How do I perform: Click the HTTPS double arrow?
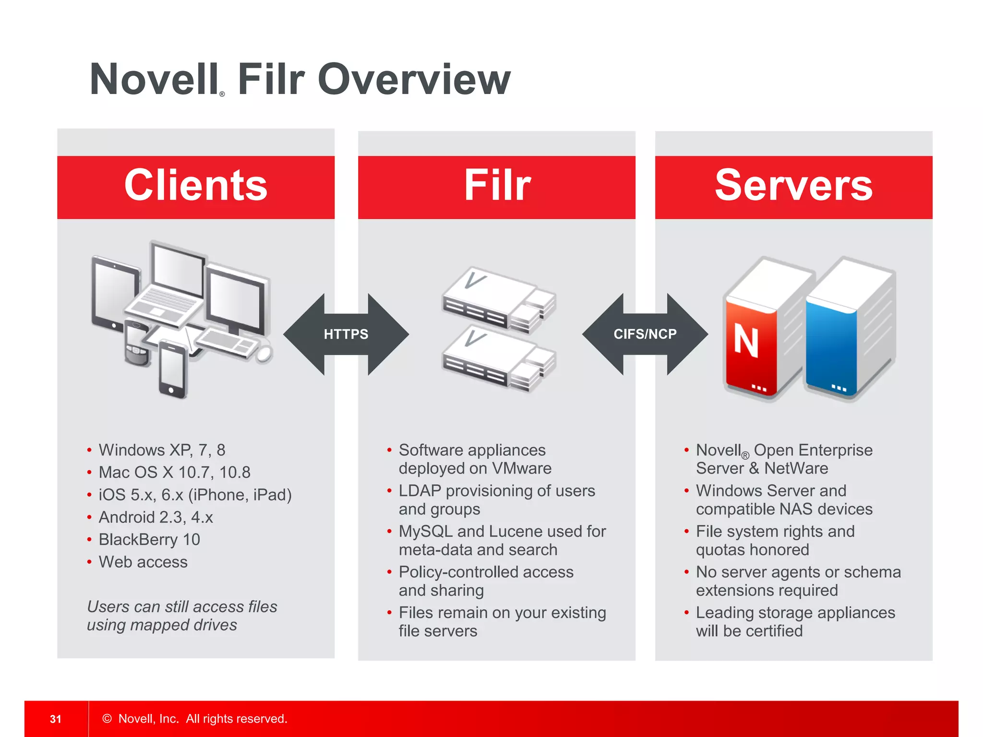tap(346, 334)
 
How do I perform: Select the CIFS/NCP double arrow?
tap(645, 334)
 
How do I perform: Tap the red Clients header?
tap(196, 187)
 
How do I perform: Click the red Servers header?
tap(793, 187)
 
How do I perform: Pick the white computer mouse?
tap(264, 354)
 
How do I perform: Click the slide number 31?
tap(56, 719)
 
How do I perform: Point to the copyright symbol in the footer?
tap(107, 719)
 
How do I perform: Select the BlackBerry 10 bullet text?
tap(149, 540)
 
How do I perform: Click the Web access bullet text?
tap(143, 562)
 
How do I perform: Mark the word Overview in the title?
tap(414, 79)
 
